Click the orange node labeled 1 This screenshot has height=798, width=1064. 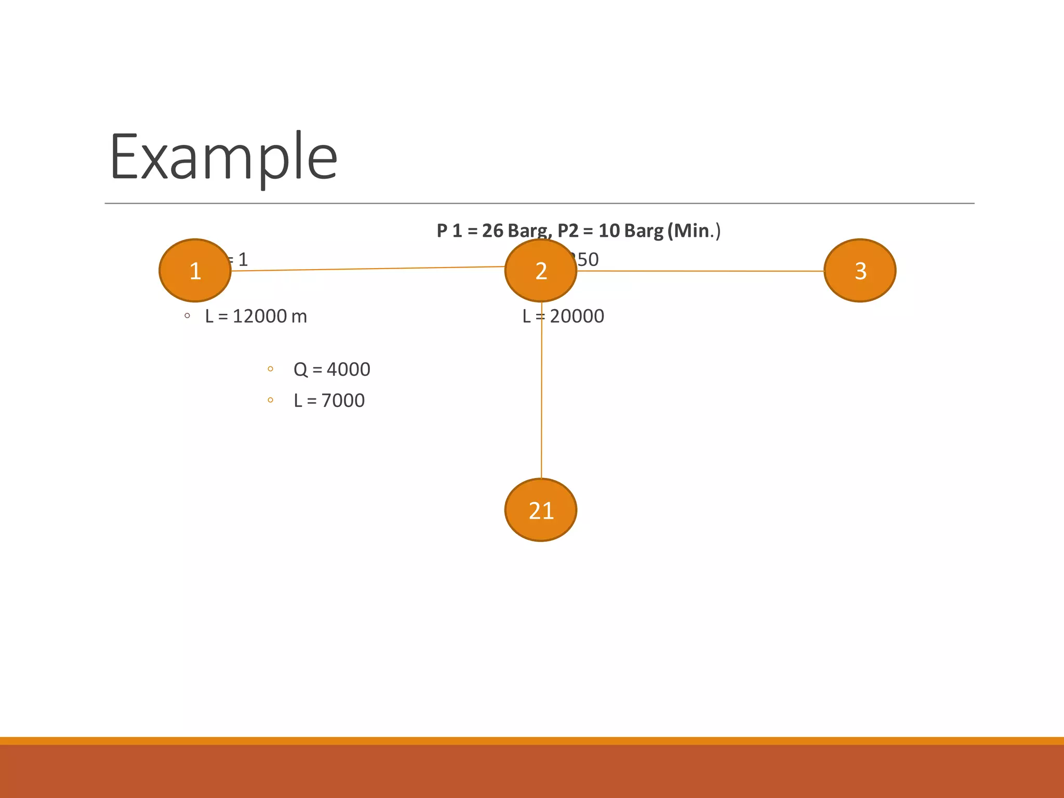point(195,270)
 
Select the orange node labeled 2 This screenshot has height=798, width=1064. point(541,270)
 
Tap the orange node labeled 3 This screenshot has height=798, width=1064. point(860,270)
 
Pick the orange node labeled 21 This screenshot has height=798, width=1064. point(541,510)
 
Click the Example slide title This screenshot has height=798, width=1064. point(223,157)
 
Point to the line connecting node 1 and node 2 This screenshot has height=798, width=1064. point(368,269)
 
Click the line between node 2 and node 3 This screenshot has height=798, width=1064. point(700,271)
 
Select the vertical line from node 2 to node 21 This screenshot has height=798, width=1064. point(541,390)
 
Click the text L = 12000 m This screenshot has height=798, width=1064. point(256,316)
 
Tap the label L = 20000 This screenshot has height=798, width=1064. point(564,316)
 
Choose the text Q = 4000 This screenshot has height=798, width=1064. point(331,369)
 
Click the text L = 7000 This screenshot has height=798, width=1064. point(329,401)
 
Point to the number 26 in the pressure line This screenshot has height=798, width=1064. point(492,230)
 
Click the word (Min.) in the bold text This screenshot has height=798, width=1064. point(694,230)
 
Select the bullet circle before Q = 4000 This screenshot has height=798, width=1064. point(270,369)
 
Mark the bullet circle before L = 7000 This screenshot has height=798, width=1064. point(270,400)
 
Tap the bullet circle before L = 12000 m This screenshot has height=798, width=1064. point(187,315)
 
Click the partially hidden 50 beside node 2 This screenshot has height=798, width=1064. point(588,259)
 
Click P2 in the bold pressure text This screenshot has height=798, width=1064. point(567,230)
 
